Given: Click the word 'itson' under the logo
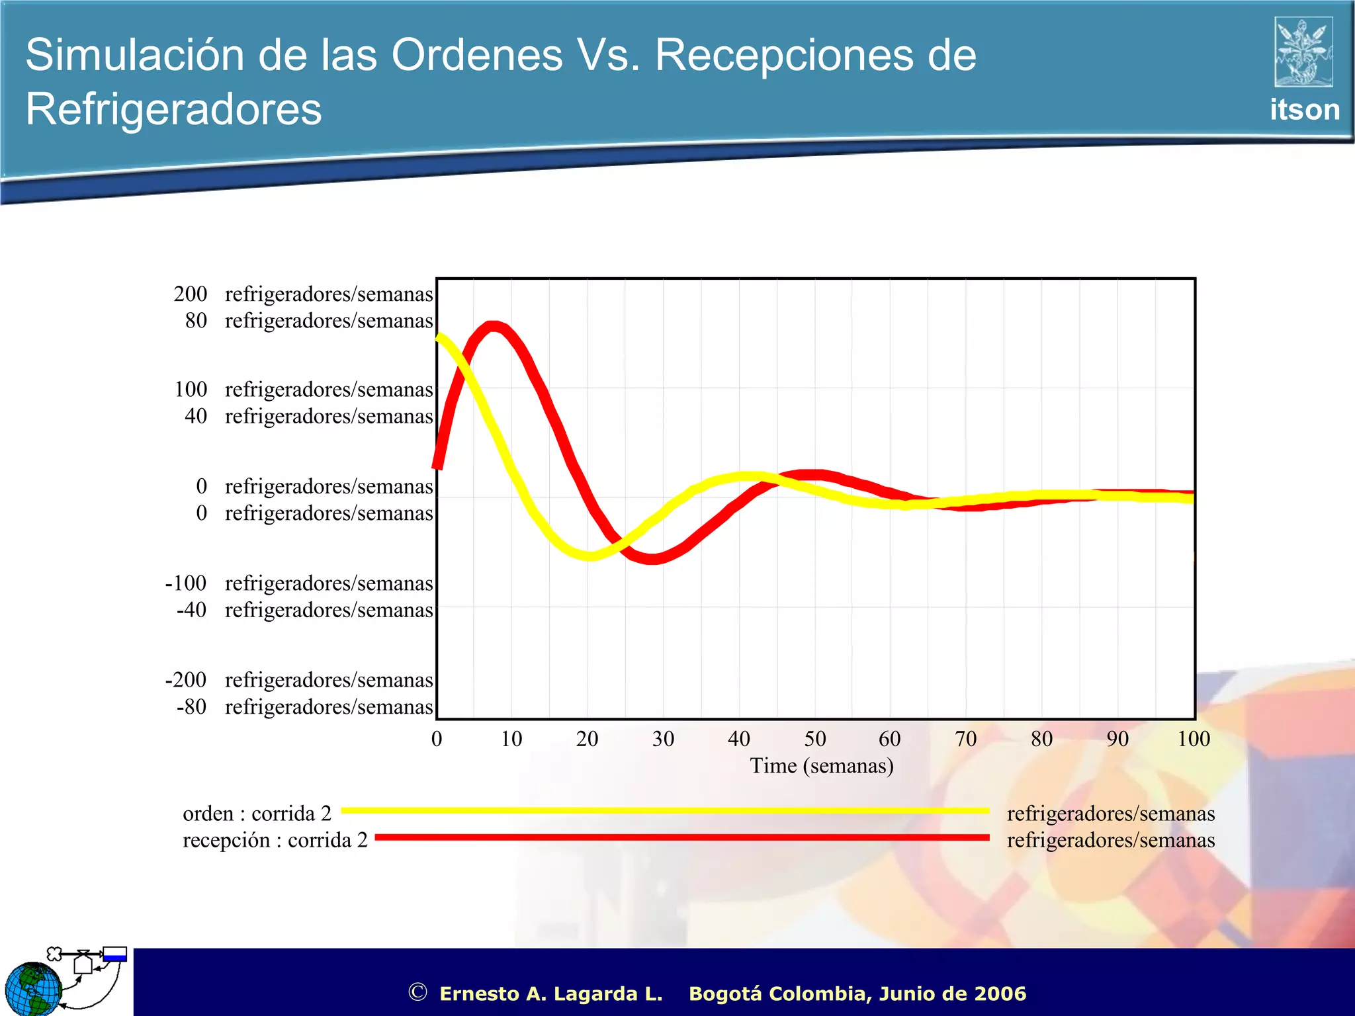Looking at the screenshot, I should point(1304,110).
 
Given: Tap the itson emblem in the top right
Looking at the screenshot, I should point(1303,52).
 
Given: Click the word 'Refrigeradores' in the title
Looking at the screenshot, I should point(173,109).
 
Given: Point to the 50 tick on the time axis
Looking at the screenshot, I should point(815,739).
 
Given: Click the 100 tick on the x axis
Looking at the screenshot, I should point(1193,739).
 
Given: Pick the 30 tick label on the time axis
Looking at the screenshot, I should point(663,739).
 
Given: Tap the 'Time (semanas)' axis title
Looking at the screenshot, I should point(822,766).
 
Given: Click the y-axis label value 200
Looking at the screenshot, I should point(191,294).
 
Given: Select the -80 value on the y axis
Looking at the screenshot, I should point(191,707).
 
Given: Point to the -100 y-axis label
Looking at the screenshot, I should point(186,583).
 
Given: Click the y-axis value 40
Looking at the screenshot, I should point(196,416).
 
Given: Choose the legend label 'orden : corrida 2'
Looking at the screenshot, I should point(257,814).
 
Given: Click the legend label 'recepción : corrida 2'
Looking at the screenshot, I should point(275,840).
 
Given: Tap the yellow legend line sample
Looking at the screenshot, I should point(664,810).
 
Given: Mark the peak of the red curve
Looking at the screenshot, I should point(493,326).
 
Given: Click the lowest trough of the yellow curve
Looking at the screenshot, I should point(589,555).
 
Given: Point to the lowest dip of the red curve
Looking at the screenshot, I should point(652,559).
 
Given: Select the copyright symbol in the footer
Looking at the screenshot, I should point(417,992).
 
